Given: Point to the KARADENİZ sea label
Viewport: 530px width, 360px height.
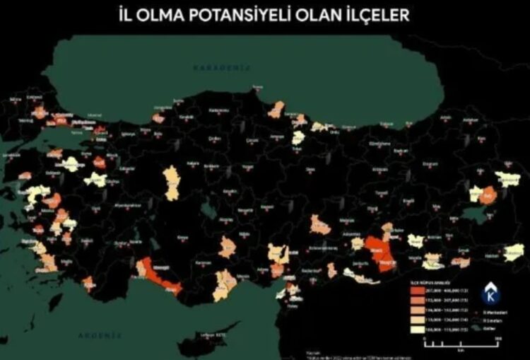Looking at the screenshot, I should coord(215,66).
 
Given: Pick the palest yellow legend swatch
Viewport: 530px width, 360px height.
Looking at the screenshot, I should coord(417,330).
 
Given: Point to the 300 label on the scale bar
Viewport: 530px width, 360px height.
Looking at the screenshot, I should coord(497,338).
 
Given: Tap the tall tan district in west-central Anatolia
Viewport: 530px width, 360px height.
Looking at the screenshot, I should coord(172,183).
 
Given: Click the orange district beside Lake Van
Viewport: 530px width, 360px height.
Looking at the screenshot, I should coord(488,194).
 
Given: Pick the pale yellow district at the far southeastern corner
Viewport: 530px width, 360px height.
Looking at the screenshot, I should coord(514,252).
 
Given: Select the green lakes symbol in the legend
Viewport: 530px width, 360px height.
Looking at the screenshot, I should coord(478,327).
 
